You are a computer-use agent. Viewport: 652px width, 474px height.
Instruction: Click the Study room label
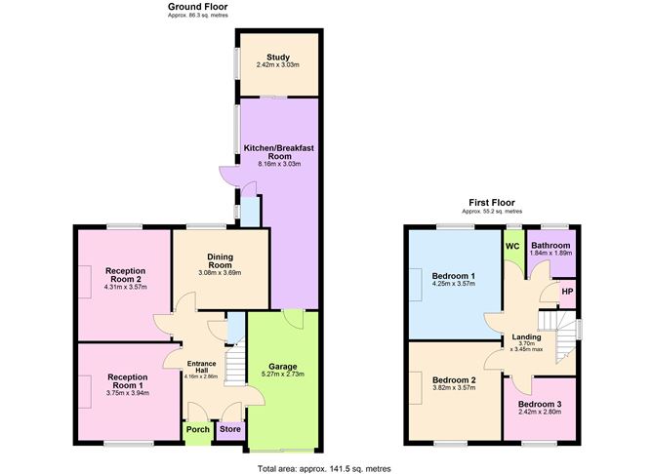click(278, 58)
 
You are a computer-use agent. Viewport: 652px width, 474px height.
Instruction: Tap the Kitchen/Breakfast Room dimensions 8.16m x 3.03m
click(279, 164)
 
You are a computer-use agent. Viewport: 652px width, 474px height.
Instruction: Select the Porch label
click(198, 429)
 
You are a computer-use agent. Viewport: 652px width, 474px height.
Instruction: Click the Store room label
click(230, 429)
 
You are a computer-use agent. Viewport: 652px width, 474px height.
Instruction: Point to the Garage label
click(283, 367)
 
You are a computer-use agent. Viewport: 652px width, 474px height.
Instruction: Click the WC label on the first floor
click(512, 246)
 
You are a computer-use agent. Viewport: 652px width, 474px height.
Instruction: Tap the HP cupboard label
click(567, 292)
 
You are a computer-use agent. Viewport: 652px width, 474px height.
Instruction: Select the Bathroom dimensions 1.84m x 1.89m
click(550, 253)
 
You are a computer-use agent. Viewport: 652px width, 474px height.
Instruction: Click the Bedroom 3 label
click(540, 404)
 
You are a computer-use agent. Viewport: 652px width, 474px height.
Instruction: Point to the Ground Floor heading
click(198, 7)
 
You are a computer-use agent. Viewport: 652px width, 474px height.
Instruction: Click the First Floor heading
click(492, 203)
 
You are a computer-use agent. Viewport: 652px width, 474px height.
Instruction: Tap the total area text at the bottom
click(324, 468)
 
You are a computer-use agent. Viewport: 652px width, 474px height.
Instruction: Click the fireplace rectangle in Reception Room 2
click(85, 281)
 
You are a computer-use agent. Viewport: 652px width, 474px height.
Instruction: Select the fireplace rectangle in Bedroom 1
click(416, 284)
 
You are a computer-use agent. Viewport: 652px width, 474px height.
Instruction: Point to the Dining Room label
click(220, 260)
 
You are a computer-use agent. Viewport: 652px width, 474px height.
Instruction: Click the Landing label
click(526, 336)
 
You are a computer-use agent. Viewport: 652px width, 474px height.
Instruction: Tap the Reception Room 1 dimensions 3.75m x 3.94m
click(128, 393)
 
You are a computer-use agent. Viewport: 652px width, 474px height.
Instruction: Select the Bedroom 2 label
click(454, 380)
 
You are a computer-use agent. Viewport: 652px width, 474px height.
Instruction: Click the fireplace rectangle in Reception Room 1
click(85, 392)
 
